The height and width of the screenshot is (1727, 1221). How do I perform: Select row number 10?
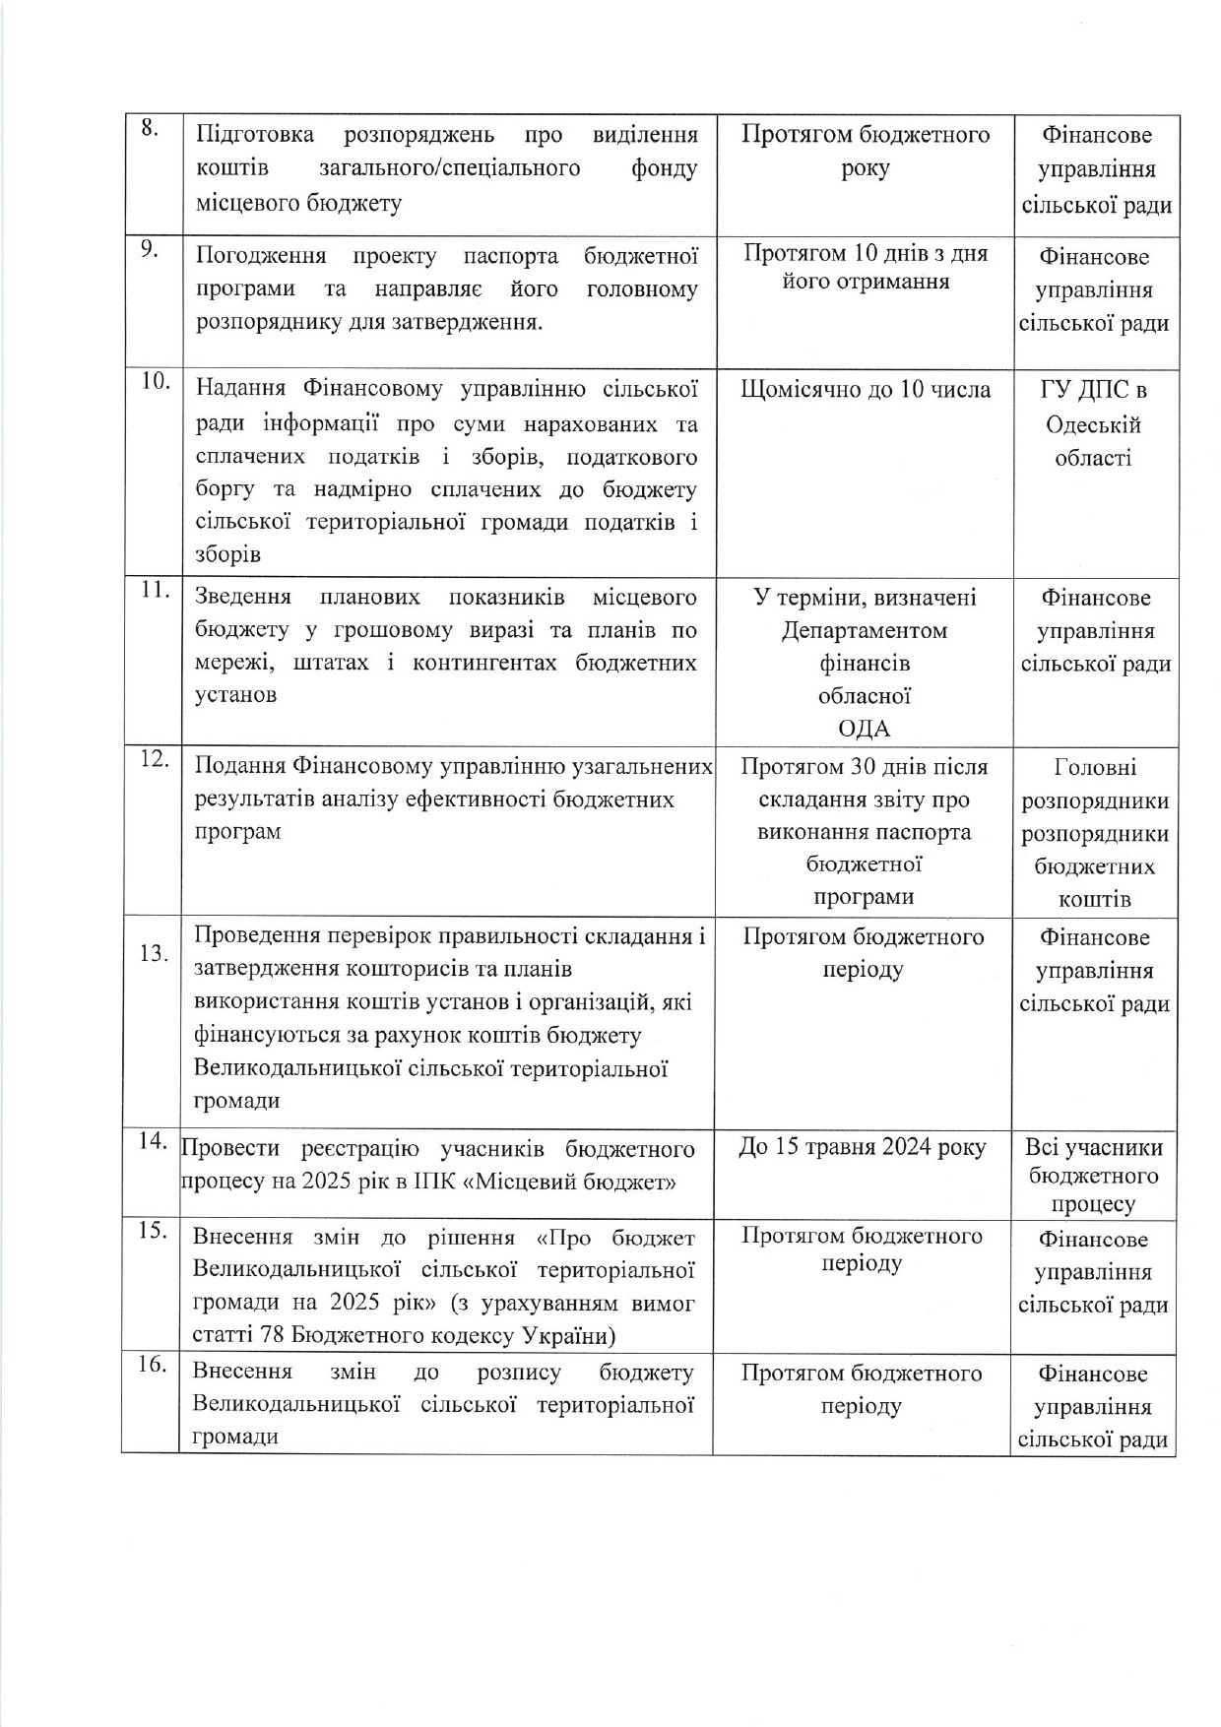(x=155, y=382)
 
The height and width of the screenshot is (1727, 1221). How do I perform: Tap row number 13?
(x=154, y=953)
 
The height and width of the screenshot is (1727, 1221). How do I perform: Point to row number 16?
(x=152, y=1365)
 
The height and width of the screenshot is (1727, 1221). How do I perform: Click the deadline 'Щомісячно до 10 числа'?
(x=865, y=390)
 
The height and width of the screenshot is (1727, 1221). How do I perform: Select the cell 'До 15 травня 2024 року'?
(x=862, y=1147)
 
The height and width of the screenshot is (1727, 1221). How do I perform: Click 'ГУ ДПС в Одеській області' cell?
(x=1093, y=423)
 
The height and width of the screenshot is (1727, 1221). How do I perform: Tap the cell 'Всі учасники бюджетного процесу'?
(x=1093, y=1176)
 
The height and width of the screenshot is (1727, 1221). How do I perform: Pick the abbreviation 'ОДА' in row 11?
(x=864, y=729)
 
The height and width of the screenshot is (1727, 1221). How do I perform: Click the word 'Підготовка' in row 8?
(x=255, y=135)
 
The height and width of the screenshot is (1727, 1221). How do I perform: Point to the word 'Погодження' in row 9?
(x=261, y=257)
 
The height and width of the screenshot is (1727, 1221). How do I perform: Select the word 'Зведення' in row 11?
(x=243, y=598)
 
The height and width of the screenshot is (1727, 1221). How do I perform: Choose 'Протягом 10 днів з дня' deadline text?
(x=865, y=253)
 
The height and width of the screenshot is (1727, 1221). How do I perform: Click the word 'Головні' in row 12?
(x=1094, y=767)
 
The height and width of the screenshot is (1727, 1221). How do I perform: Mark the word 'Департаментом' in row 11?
(x=864, y=630)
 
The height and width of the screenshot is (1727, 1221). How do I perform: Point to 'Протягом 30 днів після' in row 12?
(x=864, y=767)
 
